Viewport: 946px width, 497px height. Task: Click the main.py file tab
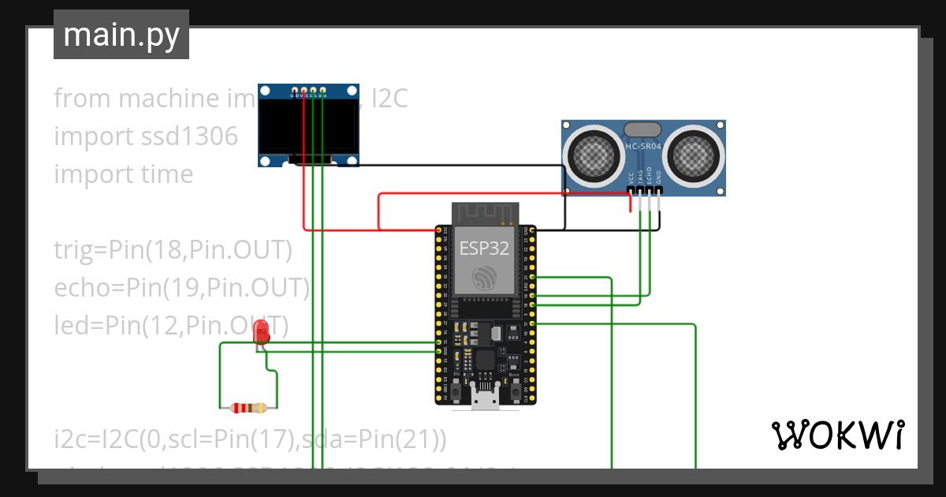click(121, 35)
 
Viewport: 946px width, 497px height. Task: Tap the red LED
click(261, 331)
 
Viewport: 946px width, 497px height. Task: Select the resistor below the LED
click(248, 408)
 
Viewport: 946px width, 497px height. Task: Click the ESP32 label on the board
click(483, 248)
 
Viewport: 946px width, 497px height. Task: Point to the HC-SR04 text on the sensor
click(642, 146)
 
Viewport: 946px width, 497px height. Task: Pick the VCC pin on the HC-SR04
click(631, 190)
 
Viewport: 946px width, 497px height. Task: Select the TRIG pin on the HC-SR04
click(640, 190)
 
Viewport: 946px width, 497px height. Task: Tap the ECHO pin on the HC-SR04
click(650, 190)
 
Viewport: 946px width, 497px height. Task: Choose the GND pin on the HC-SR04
click(659, 190)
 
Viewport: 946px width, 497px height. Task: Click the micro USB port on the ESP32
click(485, 399)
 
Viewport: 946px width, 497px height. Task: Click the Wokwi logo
click(837, 435)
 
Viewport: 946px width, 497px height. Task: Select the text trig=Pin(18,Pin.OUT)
click(173, 250)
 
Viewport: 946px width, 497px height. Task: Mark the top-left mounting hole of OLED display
click(266, 91)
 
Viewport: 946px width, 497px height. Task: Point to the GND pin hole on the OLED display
click(294, 91)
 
